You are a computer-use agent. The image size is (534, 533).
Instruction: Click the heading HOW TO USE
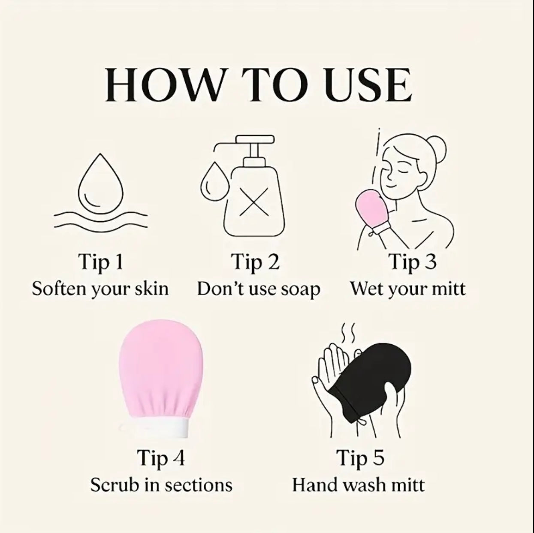(258, 85)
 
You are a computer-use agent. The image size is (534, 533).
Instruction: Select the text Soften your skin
(100, 289)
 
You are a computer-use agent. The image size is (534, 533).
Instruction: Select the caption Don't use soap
(259, 289)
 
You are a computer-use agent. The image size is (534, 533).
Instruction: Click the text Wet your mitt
(407, 289)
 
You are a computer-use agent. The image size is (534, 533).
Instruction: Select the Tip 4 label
(161, 458)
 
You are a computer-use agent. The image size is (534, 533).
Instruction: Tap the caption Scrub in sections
(161, 485)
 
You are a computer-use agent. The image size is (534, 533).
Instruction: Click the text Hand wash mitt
(358, 485)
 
